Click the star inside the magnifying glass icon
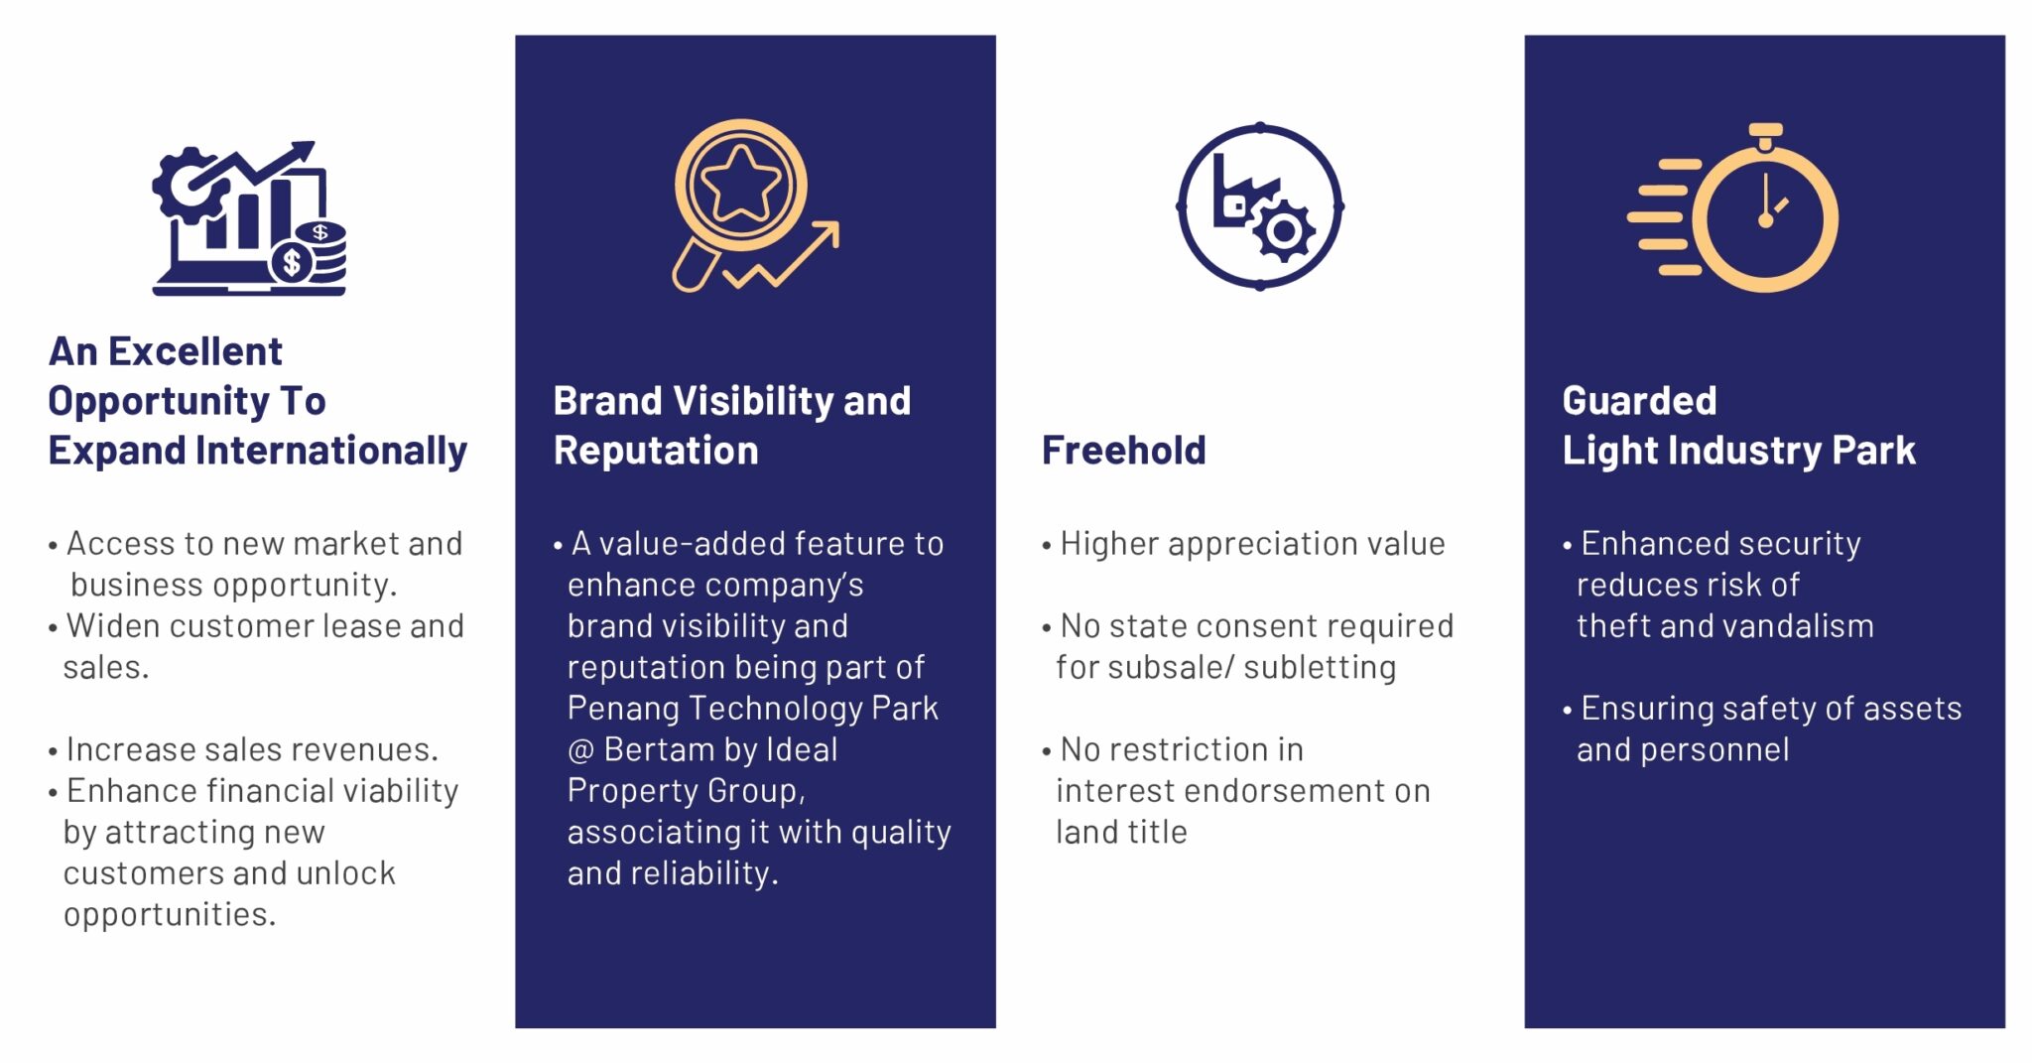coord(740,183)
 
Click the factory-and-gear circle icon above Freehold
coord(1260,206)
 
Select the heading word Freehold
coord(1123,451)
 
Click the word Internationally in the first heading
coord(330,452)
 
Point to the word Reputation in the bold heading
coord(656,452)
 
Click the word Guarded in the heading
coord(1639,401)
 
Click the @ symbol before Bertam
coord(580,750)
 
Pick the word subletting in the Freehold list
coord(1320,668)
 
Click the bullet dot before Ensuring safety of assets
coord(1568,710)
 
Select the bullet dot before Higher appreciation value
coord(1047,546)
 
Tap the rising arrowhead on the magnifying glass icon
coord(827,233)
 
